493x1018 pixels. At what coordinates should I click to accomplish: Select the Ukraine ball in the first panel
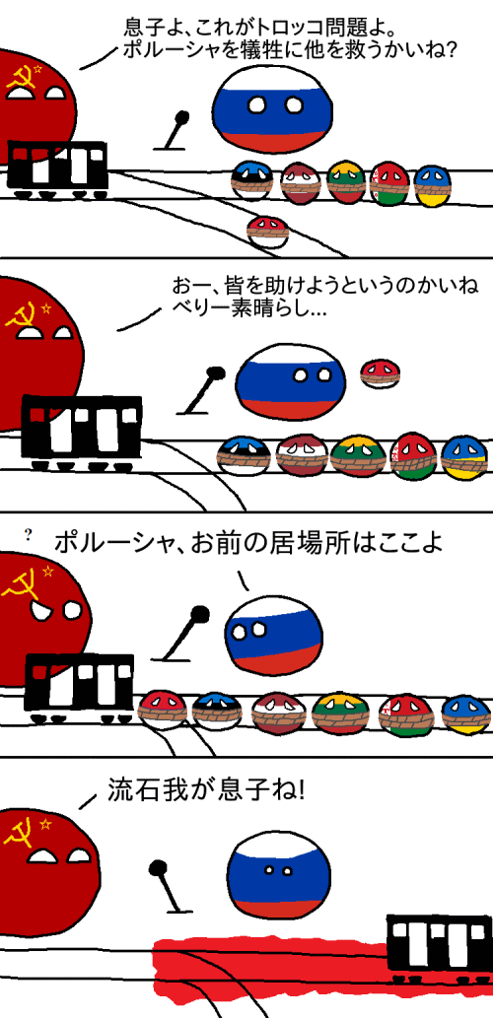[x=432, y=185]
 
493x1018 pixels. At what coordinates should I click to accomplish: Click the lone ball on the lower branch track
[x=267, y=233]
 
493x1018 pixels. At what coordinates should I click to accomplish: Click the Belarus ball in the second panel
[x=413, y=455]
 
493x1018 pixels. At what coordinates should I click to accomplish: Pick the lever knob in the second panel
[x=214, y=373]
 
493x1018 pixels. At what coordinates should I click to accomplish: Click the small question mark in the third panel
[x=28, y=536]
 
